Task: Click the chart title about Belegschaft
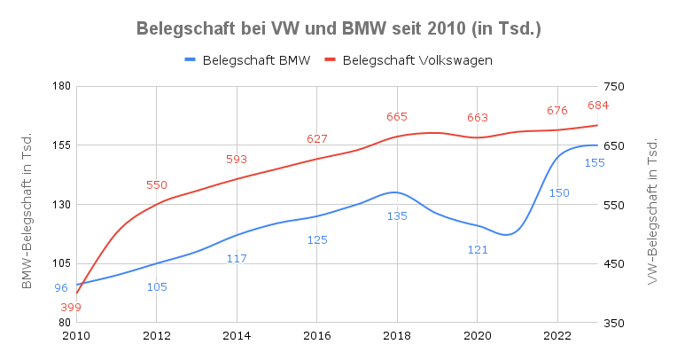tap(338, 28)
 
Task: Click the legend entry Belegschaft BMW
tap(247, 60)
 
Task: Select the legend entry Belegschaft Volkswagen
tap(409, 60)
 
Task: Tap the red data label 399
tap(71, 308)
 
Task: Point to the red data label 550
tap(156, 185)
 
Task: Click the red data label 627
tap(317, 138)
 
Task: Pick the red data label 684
tap(598, 105)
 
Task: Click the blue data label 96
tap(61, 288)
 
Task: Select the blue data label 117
tap(237, 258)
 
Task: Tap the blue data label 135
tap(397, 215)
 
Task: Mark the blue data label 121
tap(478, 249)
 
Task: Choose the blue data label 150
tap(559, 192)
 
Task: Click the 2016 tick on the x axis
tap(317, 336)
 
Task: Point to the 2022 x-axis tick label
tap(557, 336)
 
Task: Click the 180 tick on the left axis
tap(61, 86)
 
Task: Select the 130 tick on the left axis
tap(61, 205)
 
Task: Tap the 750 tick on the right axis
tap(614, 86)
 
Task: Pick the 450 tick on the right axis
tap(614, 263)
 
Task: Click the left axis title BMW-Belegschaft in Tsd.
tap(27, 210)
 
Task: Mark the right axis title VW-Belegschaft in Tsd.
tap(651, 211)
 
